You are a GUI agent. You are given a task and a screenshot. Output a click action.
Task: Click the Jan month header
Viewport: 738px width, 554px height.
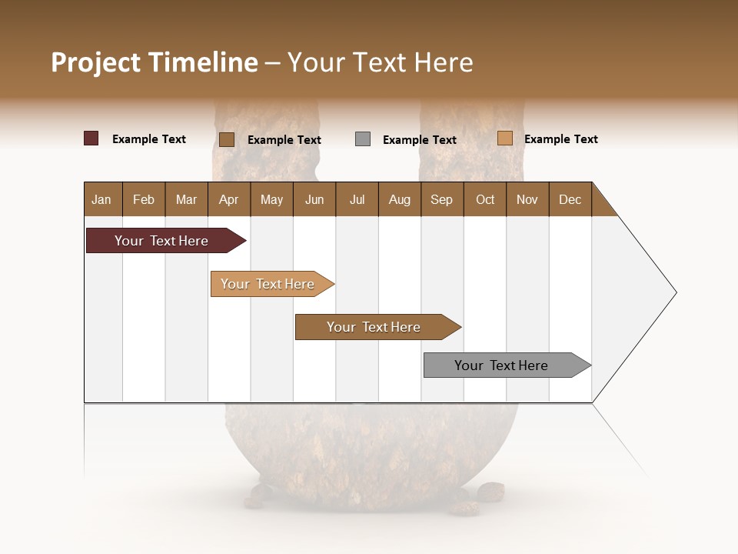[101, 199]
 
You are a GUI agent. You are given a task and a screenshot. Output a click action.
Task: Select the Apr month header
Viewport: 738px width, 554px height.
[228, 199]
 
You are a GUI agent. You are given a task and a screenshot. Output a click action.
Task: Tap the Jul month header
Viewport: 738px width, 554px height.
[357, 199]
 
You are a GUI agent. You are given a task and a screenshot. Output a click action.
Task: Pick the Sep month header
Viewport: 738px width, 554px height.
[441, 199]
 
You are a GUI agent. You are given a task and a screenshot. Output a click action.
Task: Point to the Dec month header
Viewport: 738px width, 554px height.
[570, 199]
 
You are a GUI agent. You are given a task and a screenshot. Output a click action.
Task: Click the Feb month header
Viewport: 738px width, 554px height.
[144, 199]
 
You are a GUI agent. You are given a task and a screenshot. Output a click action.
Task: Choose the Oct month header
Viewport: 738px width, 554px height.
[485, 199]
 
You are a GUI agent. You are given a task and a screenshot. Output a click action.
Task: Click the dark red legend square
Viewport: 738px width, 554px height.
[91, 138]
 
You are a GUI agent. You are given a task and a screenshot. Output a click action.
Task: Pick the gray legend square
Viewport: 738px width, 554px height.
[363, 139]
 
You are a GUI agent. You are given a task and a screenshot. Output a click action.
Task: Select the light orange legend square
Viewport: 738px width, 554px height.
[505, 138]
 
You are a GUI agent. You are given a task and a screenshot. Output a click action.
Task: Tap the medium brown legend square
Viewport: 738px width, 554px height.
[227, 139]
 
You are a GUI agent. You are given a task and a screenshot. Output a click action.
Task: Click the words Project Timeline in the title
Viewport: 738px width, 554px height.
[155, 62]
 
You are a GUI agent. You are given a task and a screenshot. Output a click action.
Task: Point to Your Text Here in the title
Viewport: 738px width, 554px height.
[380, 62]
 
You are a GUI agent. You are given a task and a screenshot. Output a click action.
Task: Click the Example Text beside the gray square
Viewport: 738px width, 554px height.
[419, 140]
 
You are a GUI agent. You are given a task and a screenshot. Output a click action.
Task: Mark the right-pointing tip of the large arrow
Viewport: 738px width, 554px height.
[675, 292]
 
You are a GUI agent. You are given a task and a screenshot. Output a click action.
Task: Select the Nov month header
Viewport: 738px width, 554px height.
[527, 199]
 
